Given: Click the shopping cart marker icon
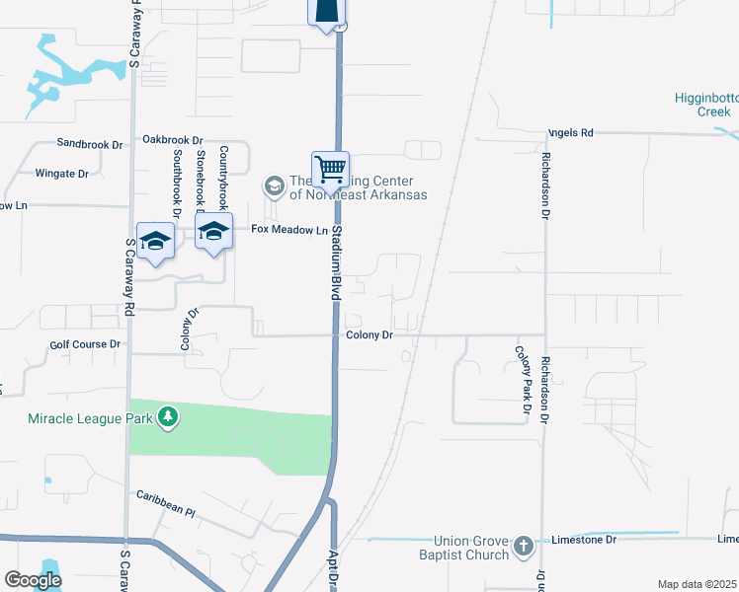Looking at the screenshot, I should pos(330,170).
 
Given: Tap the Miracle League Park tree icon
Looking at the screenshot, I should pos(169,417).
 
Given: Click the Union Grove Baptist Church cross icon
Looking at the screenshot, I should pos(524,546).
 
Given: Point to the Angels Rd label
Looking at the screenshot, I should pos(571,132).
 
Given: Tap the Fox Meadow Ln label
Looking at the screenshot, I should pos(288,230).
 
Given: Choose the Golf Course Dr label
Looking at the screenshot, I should pos(84,344).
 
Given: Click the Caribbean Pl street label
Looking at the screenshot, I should pos(166,503).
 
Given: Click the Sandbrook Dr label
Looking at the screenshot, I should pos(89,144).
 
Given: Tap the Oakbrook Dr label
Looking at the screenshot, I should pos(172,140).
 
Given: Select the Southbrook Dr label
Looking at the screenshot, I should pos(177,184).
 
